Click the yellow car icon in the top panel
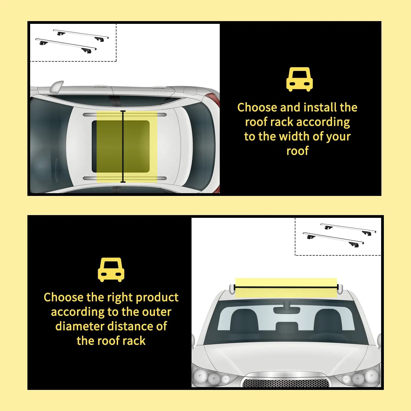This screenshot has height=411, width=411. [x=299, y=79]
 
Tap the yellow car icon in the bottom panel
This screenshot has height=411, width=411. [x=111, y=270]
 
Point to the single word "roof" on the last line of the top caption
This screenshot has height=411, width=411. [x=297, y=151]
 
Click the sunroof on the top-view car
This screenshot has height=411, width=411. [x=121, y=147]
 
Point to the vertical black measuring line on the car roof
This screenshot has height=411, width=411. [x=123, y=147]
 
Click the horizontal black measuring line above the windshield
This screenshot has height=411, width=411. [x=286, y=287]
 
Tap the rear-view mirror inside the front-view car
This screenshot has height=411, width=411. [x=287, y=310]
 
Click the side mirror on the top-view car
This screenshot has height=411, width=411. [x=56, y=86]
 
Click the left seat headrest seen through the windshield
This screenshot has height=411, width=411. [x=244, y=319]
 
